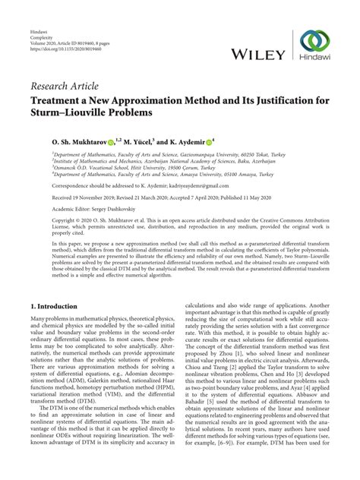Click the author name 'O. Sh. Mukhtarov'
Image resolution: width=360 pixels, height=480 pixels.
pyautogui.click(x=62, y=141)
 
